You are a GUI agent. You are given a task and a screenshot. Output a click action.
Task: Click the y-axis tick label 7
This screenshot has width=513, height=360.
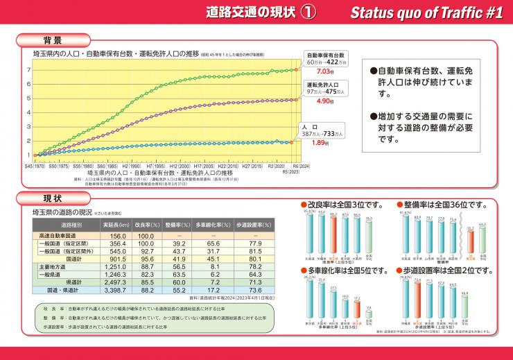(28, 69)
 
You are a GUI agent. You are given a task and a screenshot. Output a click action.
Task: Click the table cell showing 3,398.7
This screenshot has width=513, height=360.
(114, 290)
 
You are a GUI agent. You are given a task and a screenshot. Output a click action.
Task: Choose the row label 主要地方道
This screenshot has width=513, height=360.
(53, 267)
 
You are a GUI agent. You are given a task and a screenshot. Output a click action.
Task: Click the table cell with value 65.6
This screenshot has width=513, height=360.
(214, 244)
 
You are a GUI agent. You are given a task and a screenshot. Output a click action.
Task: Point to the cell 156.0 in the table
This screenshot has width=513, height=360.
(114, 237)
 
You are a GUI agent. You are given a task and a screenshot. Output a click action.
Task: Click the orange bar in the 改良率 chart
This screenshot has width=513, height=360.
(333, 236)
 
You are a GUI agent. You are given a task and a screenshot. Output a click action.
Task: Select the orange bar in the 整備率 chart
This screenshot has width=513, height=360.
(471, 239)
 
